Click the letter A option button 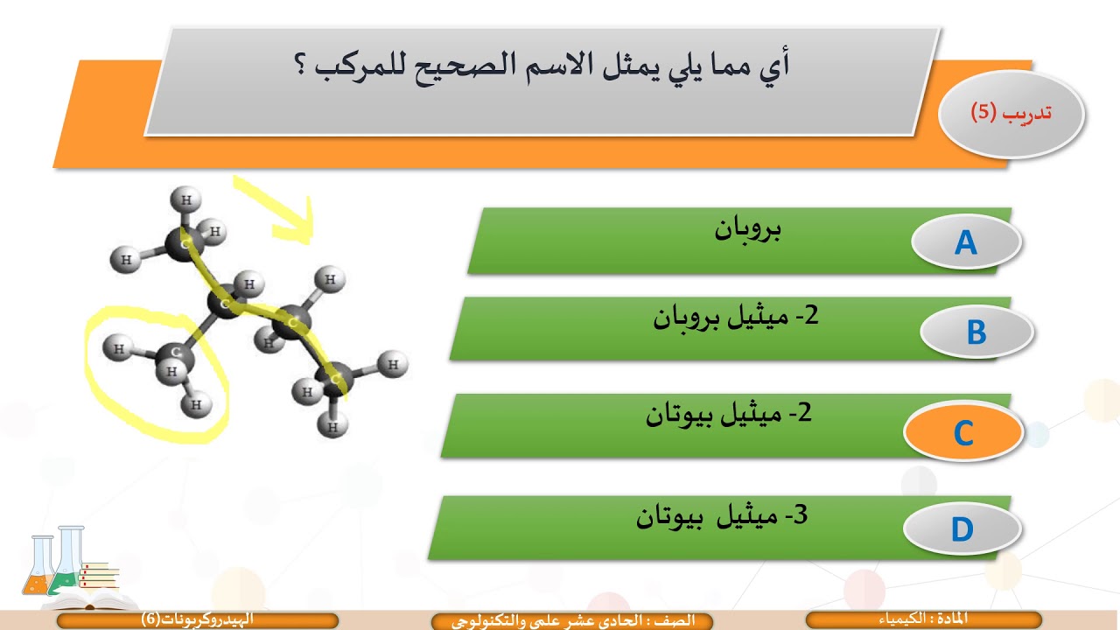click(966, 242)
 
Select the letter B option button click(976, 333)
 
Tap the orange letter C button click(962, 433)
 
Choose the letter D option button click(962, 529)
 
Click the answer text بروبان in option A click(748, 230)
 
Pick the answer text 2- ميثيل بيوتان click(729, 414)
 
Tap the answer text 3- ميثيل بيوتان click(722, 516)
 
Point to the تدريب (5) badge click(1011, 114)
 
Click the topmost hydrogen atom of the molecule click(185, 199)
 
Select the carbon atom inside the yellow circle click(177, 353)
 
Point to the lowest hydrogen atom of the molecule click(332, 427)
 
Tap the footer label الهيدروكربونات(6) click(198, 619)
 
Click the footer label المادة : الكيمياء click(923, 619)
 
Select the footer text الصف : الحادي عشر click(573, 620)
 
